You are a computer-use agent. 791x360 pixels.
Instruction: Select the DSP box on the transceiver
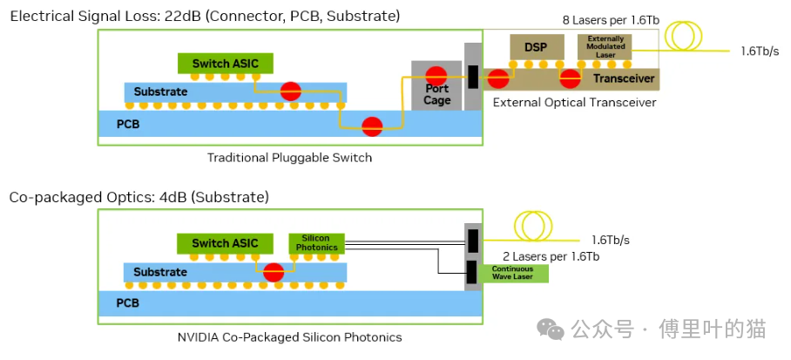click(536, 47)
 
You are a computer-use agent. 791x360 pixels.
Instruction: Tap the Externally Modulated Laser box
click(605, 46)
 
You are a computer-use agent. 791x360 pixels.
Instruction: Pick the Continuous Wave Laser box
click(513, 273)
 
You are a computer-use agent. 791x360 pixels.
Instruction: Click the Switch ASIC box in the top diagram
click(225, 64)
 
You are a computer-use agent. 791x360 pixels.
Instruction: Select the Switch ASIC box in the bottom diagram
click(225, 243)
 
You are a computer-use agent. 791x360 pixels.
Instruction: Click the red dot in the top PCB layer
click(373, 126)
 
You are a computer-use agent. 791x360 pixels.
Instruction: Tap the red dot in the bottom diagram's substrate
click(274, 271)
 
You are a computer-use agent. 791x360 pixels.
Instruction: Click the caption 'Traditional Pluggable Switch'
click(289, 158)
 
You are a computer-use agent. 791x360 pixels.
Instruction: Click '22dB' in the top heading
click(177, 16)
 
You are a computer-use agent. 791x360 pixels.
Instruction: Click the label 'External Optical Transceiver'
click(574, 103)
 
